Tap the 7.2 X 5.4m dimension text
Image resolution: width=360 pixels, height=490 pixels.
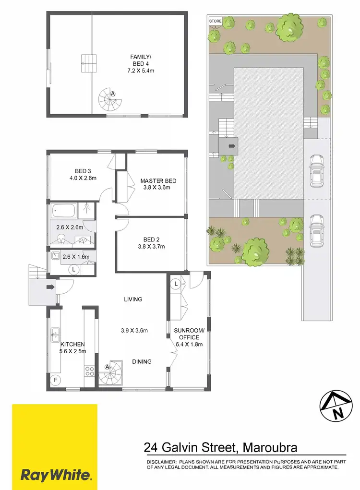click(x=140, y=71)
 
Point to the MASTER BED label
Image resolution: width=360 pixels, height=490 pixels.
click(x=158, y=180)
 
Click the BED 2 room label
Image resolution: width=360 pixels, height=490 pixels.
click(x=151, y=239)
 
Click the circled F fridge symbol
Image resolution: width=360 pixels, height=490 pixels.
click(x=56, y=380)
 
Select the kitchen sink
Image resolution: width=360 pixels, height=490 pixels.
click(x=55, y=333)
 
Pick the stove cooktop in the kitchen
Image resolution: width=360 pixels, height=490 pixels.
click(x=89, y=370)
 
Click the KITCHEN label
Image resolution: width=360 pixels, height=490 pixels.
click(x=72, y=344)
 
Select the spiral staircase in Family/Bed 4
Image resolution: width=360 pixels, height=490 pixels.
click(x=110, y=99)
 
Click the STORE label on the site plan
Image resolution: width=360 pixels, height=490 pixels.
click(x=215, y=21)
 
